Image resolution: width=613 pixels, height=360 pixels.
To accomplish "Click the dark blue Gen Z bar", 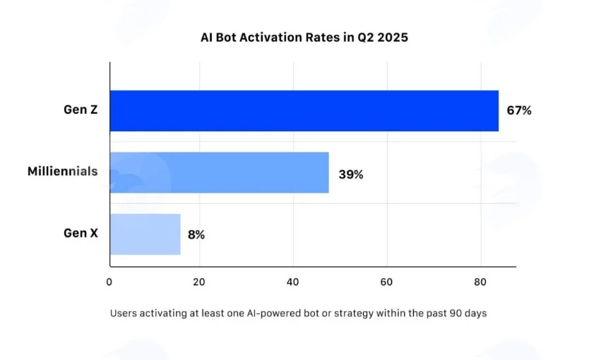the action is coord(304,111).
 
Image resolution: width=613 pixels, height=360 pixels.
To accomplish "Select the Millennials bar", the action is coord(220,172).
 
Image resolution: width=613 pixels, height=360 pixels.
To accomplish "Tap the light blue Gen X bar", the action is coord(145,234).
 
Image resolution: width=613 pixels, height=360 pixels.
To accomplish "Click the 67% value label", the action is coord(519,111).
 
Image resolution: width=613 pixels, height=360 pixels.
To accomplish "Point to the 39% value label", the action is coord(351,174).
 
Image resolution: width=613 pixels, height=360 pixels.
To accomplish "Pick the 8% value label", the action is coord(196,234).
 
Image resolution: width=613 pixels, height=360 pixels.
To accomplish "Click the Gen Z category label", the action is coord(81,109).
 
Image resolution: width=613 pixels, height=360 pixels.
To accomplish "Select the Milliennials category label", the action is coord(63,172).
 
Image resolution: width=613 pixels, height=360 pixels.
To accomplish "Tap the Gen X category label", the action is coord(81,233).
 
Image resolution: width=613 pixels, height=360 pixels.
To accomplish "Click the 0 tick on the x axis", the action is coord(109,282).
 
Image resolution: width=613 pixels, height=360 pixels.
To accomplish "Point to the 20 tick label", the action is coord(199,282).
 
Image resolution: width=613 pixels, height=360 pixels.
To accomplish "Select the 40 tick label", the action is coord(293,282).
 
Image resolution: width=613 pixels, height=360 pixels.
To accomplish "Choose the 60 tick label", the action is coord(386,282).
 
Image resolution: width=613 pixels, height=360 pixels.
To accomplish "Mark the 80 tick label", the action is coord(480,282).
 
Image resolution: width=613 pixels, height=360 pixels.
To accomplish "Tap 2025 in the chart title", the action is coord(393,37).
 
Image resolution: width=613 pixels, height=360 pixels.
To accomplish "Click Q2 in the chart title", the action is coord(366,38).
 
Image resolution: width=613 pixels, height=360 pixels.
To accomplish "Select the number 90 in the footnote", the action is coord(456,313).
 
